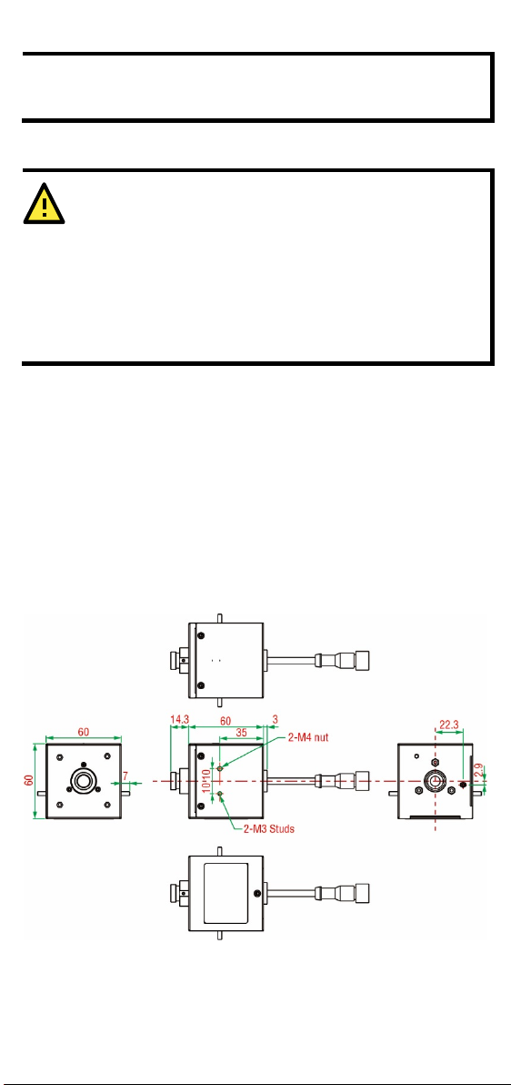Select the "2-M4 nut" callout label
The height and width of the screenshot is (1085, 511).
pyautogui.click(x=307, y=737)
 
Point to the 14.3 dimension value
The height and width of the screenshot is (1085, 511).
pyautogui.click(x=179, y=720)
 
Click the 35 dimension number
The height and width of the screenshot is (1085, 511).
pyautogui.click(x=241, y=731)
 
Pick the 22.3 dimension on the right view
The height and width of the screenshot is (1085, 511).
pyautogui.click(x=449, y=725)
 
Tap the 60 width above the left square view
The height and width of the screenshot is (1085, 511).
pyautogui.click(x=83, y=730)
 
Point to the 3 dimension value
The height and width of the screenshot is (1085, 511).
pyautogui.click(x=275, y=720)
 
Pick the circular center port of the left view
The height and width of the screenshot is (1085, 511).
pyautogui.click(x=84, y=781)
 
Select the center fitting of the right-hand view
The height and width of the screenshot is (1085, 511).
pyautogui.click(x=435, y=781)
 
